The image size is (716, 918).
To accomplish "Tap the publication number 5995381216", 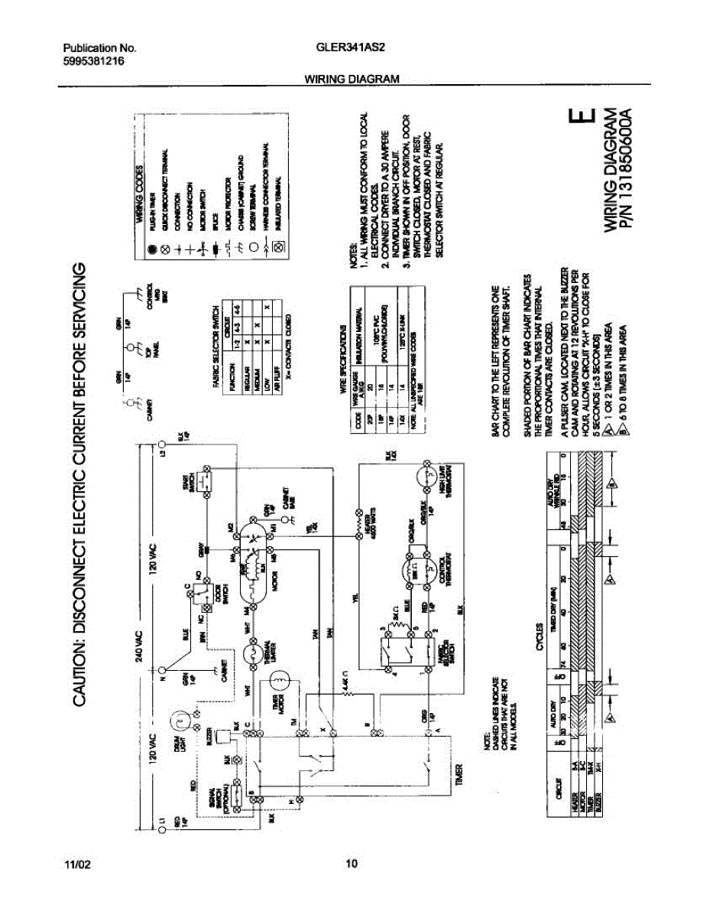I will [93, 61].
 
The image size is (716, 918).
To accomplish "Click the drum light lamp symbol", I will [181, 719].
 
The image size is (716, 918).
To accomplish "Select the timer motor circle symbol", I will [280, 679].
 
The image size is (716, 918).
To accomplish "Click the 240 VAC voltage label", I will [141, 648].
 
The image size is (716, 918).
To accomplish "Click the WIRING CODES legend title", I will [141, 194].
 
